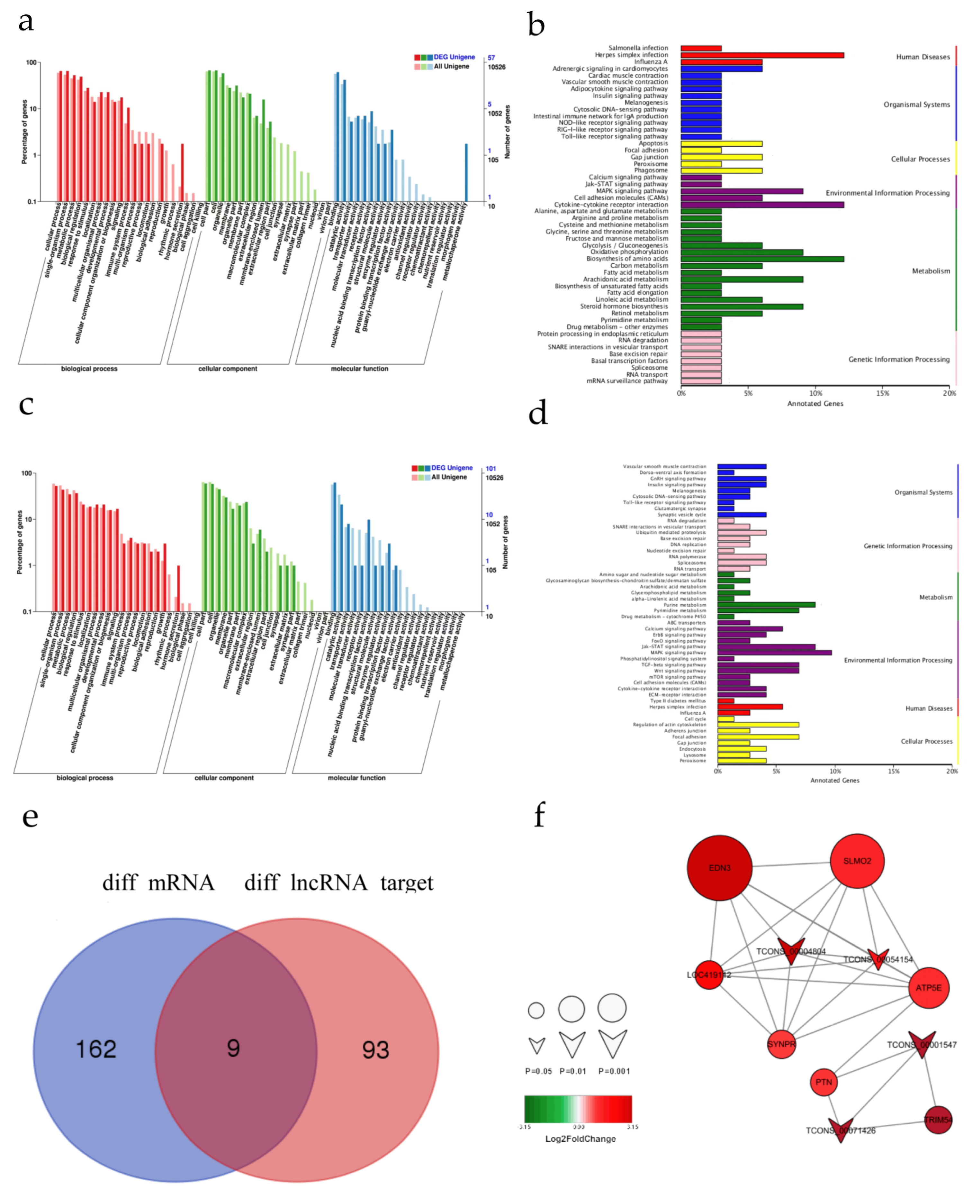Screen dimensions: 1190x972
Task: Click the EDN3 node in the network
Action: point(719,868)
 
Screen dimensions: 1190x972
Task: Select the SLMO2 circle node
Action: point(857,861)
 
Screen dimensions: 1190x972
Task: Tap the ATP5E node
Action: point(928,988)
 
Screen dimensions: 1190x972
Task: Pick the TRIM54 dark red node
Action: point(938,1120)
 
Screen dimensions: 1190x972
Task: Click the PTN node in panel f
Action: point(824,1082)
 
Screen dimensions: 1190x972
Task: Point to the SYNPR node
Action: point(781,1044)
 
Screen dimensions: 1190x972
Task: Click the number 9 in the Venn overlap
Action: point(233,1048)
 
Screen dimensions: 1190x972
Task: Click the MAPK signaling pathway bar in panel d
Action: point(774,653)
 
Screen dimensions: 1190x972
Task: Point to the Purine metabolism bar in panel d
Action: point(766,605)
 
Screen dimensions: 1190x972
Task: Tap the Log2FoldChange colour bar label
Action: point(580,1139)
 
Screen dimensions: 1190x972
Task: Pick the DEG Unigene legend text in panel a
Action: point(454,57)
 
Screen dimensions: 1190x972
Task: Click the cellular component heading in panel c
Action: point(224,778)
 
